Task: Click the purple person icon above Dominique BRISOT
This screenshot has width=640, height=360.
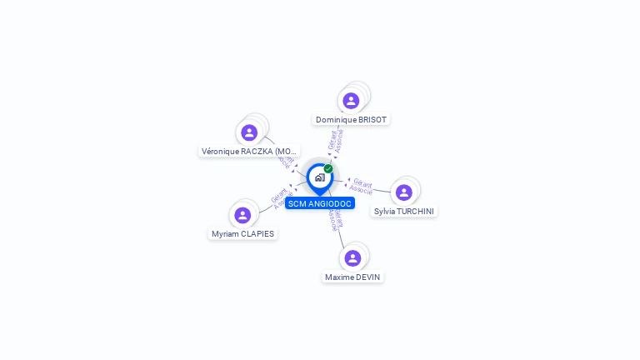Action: coord(351,101)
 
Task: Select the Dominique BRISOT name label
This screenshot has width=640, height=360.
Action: coord(351,120)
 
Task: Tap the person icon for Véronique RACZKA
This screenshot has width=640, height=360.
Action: coord(249,132)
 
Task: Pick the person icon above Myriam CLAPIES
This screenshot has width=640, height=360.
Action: coord(242,215)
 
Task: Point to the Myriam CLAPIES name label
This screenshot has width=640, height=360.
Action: coord(242,234)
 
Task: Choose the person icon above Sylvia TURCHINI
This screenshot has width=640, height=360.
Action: coord(404,192)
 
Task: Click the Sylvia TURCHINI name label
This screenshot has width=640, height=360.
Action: coord(404,212)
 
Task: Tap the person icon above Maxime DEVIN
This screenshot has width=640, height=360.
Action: coord(352,257)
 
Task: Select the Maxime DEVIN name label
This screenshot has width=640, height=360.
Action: coord(352,277)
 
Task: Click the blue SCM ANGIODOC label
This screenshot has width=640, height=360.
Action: coord(320,203)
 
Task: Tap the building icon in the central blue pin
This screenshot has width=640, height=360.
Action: coord(319,177)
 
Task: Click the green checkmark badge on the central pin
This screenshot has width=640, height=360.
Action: coord(328,168)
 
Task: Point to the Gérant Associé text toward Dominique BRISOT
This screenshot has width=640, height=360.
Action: coord(336,141)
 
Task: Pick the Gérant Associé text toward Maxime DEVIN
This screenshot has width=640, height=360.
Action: coord(334,219)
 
